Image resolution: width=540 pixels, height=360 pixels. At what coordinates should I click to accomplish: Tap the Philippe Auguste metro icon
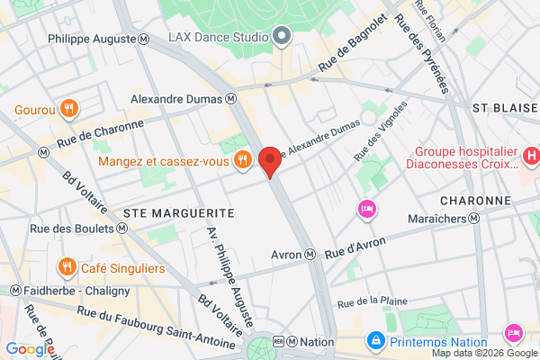click(x=145, y=39)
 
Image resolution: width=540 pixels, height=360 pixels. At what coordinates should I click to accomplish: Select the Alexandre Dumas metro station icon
click(x=231, y=99)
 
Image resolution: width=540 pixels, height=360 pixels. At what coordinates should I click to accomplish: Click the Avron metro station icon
click(x=310, y=255)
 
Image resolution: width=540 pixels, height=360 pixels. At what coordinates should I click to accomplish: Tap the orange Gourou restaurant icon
click(x=70, y=110)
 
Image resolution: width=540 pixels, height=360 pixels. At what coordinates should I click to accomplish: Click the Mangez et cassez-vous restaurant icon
click(x=241, y=161)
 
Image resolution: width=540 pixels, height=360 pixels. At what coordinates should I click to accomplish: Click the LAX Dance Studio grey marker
click(x=282, y=37)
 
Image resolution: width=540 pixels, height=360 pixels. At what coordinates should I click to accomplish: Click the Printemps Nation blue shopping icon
click(x=375, y=341)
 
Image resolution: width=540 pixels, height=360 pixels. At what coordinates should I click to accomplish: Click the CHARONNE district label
click(x=476, y=200)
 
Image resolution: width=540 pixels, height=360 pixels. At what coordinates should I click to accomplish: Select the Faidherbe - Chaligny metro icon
click(x=15, y=290)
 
